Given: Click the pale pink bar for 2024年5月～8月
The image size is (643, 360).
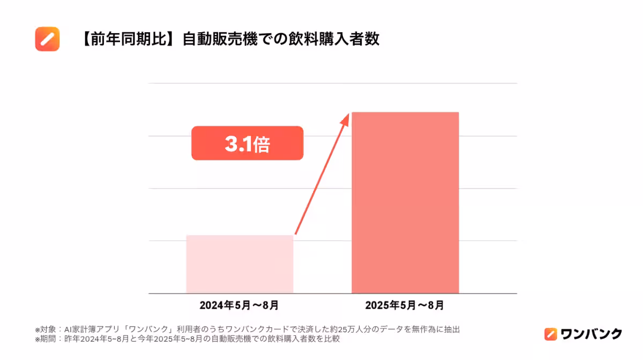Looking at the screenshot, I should pos(240,264).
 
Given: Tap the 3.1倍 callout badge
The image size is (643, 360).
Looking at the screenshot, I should pos(247,144).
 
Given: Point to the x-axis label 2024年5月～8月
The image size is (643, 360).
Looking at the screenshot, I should pos(239,306).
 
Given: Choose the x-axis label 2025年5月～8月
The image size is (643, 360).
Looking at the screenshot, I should pos(405,306).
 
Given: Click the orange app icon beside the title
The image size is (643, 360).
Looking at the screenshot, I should pos(47,39).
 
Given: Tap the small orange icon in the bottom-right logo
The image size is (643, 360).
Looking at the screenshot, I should pos(550,334).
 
